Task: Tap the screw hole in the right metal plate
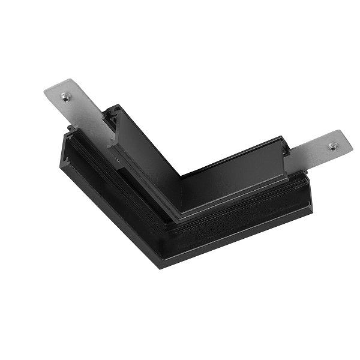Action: pyautogui.click(x=332, y=146)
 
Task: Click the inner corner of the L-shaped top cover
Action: pyautogui.click(x=181, y=176)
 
